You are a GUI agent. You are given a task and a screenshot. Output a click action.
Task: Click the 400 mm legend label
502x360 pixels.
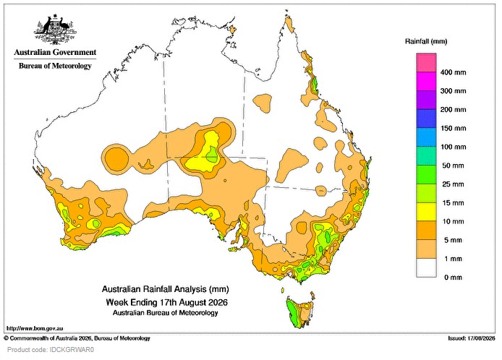tap(453, 72)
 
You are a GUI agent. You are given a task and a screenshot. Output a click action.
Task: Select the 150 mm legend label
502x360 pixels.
tap(453, 129)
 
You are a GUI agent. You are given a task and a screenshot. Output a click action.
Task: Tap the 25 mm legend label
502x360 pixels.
tap(453, 184)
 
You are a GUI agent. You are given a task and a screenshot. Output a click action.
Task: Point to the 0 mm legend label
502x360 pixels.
tap(453, 278)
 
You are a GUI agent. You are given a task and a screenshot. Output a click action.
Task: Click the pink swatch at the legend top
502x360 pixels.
tap(426, 63)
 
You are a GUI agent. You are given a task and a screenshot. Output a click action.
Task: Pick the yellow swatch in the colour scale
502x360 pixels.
tap(426, 212)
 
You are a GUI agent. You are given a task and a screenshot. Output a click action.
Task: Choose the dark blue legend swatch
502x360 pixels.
tap(426, 119)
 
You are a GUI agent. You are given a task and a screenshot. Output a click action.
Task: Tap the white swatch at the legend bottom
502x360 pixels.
tap(426, 268)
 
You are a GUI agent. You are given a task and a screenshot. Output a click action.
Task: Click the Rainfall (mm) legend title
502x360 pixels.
tap(426, 41)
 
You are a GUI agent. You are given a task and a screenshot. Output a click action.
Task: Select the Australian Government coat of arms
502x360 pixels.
tap(56, 30)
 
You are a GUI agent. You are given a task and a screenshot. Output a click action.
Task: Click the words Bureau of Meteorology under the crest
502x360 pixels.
tap(55, 66)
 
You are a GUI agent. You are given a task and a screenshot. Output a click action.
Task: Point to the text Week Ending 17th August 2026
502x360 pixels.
tap(167, 302)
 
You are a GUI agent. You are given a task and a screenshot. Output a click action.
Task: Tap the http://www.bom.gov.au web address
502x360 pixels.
tap(35, 328)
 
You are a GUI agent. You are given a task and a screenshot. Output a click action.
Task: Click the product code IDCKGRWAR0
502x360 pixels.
tap(51, 350)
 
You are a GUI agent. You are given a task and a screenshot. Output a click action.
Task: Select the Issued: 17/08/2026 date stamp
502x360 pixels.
tap(472, 338)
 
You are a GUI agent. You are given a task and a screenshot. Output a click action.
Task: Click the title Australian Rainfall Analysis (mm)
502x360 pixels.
tap(165, 289)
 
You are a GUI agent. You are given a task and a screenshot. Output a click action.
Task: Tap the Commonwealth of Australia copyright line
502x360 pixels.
tap(77, 338)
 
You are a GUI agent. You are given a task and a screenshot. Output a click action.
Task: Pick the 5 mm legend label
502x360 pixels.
tap(453, 240)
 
